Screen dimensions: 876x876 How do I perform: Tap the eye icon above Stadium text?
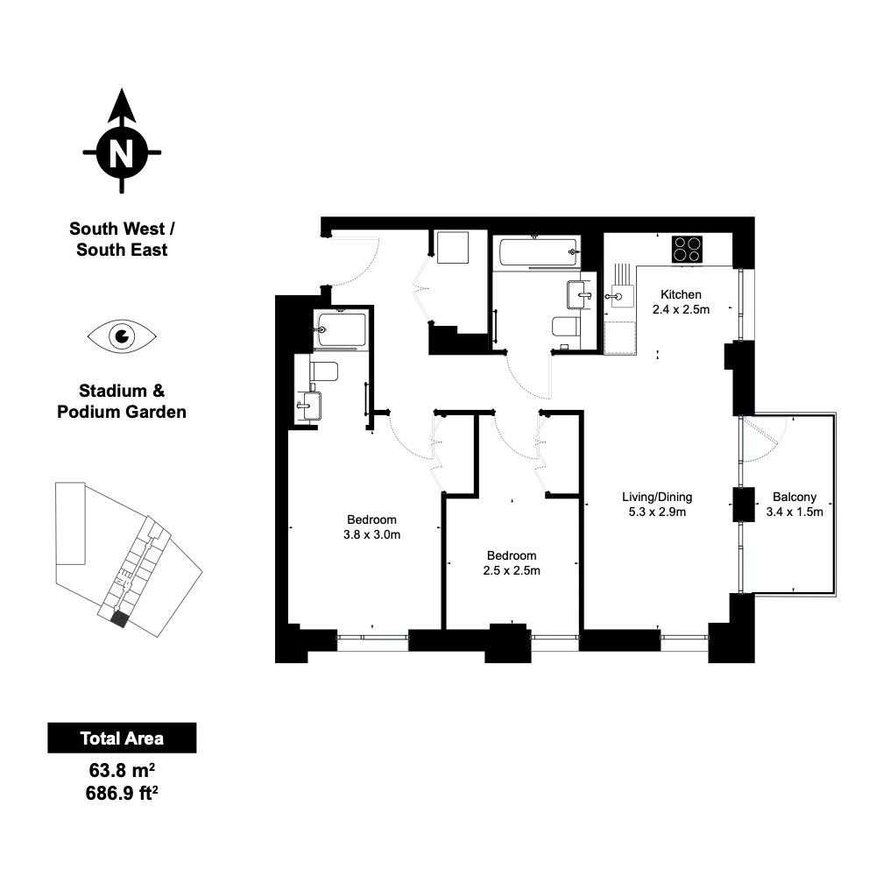122,336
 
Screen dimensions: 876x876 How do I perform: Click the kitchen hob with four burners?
687,250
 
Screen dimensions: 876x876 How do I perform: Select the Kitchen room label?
681,294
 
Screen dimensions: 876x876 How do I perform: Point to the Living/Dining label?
657,497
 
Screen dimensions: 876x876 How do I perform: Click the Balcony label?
795,497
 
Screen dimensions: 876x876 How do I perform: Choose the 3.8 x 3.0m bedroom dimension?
371,534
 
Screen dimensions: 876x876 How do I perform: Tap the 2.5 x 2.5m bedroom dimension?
512,570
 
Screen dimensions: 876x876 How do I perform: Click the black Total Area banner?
122,738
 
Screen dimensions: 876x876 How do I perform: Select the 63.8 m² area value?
122,770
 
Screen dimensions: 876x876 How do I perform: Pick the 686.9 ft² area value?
122,793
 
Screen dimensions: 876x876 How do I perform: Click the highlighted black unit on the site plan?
119,619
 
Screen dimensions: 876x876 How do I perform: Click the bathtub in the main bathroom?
538,252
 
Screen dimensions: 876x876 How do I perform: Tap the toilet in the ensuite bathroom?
324,371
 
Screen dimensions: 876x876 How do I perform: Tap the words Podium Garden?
122,412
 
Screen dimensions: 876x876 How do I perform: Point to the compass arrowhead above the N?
122,106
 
